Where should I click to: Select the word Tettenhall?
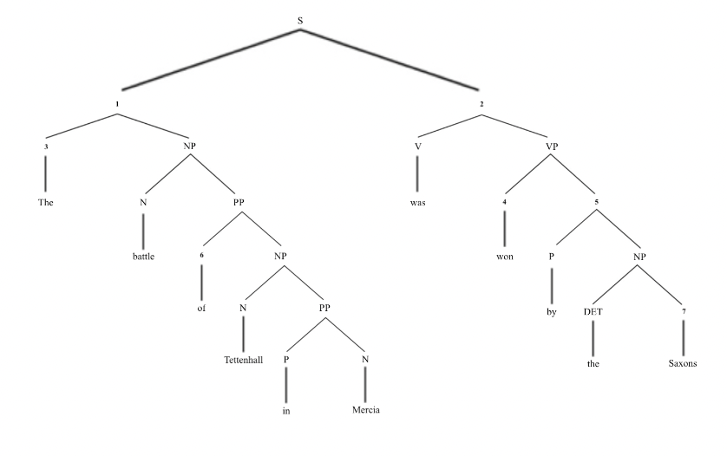[x=244, y=360]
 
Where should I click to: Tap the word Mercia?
[x=365, y=410]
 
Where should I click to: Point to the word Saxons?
[x=683, y=364]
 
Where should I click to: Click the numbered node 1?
[x=116, y=104]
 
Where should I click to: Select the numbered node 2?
[x=481, y=104]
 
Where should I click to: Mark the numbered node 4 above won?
[x=503, y=202]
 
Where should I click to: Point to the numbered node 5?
[x=598, y=202]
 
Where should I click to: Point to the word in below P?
[x=285, y=410]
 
